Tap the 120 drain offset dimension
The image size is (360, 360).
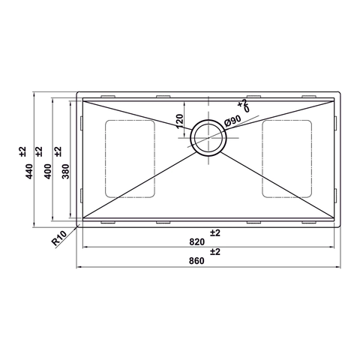179,120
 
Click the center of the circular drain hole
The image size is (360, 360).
208,136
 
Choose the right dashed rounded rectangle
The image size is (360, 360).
286,159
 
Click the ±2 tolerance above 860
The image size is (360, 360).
215,252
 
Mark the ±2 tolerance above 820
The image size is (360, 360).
215,232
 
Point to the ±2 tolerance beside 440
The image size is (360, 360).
22,151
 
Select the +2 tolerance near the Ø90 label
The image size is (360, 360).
241,103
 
